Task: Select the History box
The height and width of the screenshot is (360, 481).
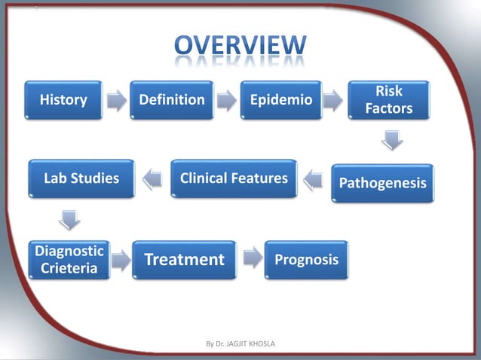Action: (x=63, y=99)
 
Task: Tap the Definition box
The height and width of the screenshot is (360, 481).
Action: (x=171, y=99)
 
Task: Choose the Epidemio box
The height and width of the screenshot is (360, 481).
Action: (x=280, y=99)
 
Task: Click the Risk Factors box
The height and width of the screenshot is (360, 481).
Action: (x=389, y=99)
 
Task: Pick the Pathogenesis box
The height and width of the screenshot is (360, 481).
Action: (x=383, y=183)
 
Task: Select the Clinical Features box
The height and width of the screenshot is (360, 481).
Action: (x=234, y=178)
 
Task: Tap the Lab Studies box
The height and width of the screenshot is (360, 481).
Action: (x=81, y=178)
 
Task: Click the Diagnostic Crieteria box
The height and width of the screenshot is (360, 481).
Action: (x=69, y=260)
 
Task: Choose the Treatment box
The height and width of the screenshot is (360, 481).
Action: (x=185, y=260)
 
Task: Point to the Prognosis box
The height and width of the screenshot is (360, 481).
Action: (x=306, y=260)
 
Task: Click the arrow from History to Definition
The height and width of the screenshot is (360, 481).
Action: (x=117, y=100)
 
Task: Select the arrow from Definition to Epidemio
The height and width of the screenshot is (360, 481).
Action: (x=225, y=100)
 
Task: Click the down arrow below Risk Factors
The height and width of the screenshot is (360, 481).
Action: (x=390, y=140)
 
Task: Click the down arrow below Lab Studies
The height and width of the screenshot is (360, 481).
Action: (x=70, y=220)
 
